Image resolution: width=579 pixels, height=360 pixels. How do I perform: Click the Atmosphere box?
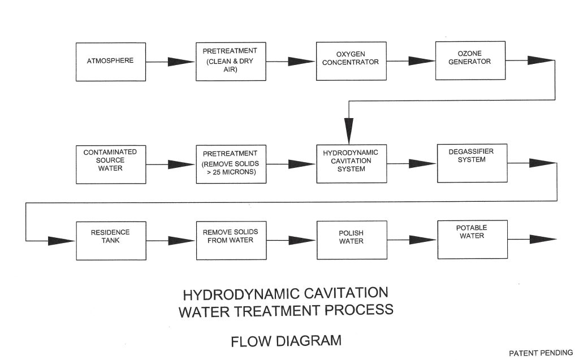pyautogui.click(x=110, y=61)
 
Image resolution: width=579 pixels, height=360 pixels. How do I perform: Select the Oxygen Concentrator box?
pyautogui.click(x=350, y=61)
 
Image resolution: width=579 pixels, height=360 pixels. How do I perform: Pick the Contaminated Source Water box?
pyautogui.click(x=110, y=164)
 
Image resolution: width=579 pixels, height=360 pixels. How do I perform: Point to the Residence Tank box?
pyautogui.click(x=110, y=240)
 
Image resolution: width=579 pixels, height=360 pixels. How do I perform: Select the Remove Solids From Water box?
pyautogui.click(x=230, y=240)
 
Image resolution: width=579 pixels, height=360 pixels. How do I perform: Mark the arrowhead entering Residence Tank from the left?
pyautogui.click(x=61, y=241)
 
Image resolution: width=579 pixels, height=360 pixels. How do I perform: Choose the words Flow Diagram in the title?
pyautogui.click(x=286, y=341)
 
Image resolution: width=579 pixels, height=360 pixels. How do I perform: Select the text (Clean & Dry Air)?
pyautogui.click(x=230, y=66)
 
